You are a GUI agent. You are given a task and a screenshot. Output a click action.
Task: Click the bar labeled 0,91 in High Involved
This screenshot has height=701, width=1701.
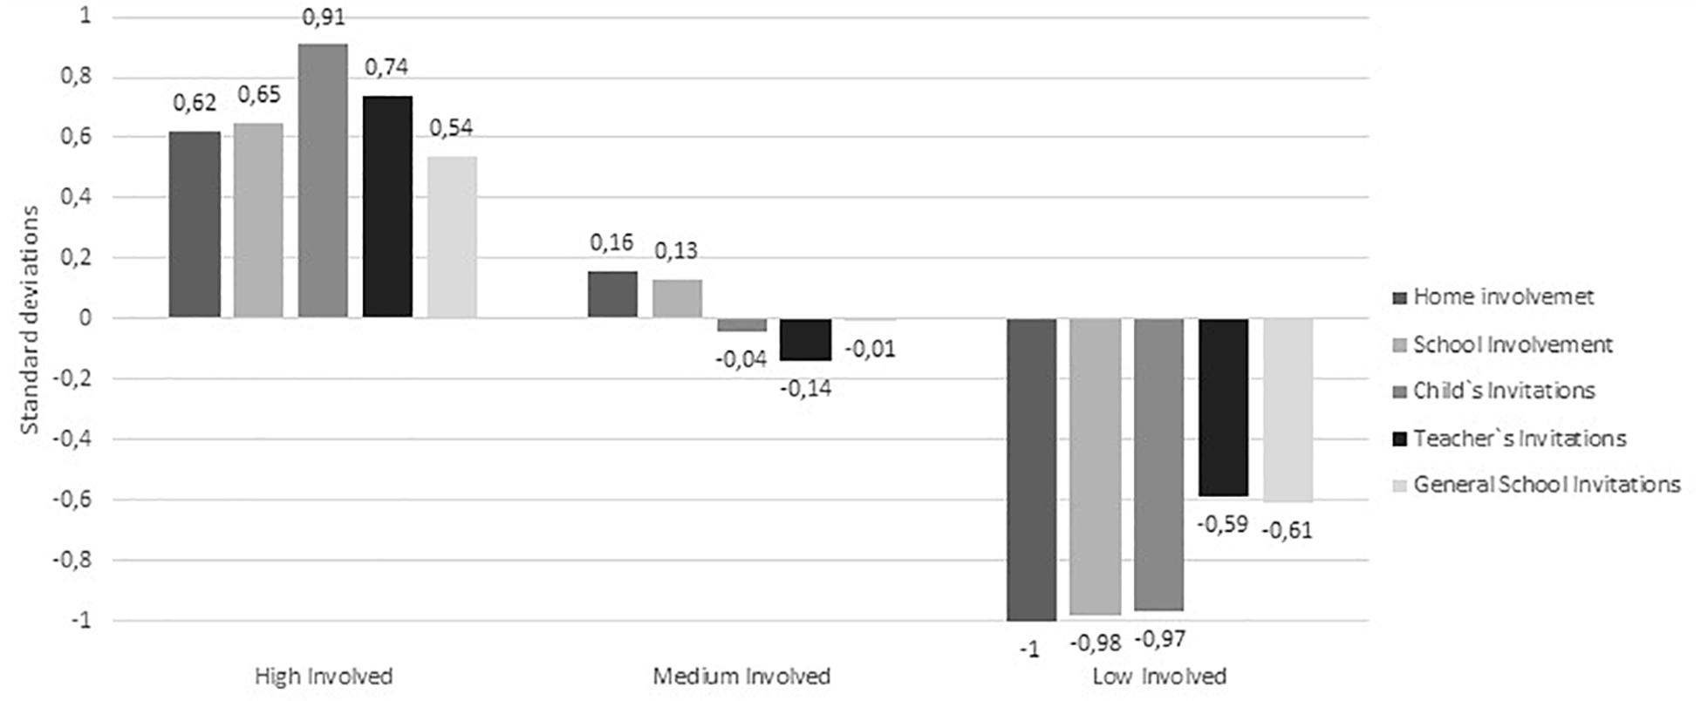[323, 180]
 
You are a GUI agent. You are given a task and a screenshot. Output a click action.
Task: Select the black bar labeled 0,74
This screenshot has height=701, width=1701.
[387, 207]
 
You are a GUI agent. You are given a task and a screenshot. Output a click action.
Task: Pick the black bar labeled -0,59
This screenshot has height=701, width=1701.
[1223, 407]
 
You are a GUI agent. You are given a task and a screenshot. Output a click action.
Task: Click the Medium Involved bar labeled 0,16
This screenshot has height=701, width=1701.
[612, 295]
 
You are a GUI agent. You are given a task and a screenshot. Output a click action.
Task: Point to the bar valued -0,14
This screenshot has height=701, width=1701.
[805, 339]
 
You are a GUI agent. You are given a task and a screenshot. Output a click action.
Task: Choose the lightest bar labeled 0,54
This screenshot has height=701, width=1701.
[452, 237]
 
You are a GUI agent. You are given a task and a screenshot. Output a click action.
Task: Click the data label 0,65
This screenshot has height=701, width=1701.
[258, 94]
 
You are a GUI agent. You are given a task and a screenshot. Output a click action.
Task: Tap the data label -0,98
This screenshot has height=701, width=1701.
[1095, 643]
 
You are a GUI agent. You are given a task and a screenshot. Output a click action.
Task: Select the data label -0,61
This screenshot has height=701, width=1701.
[1288, 530]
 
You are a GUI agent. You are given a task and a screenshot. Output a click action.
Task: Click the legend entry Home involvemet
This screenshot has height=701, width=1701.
[1503, 296]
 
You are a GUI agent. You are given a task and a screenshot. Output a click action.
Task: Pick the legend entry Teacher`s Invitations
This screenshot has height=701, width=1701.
[1520, 438]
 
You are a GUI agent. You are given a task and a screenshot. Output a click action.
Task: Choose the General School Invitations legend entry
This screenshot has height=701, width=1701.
[1546, 484]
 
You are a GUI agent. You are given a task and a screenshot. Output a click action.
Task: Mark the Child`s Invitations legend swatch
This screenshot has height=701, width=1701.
[1400, 391]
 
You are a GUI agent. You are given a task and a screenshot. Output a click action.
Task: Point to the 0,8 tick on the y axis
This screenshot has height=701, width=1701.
[75, 77]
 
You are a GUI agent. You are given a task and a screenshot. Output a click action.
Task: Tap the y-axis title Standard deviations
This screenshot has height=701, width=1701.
[31, 319]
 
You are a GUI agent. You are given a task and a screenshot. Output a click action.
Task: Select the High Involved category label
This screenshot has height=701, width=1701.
[324, 677]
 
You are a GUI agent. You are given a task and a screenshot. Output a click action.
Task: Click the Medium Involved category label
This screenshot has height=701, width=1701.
[741, 677]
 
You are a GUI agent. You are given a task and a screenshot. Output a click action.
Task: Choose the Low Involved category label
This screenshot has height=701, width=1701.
[1159, 677]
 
